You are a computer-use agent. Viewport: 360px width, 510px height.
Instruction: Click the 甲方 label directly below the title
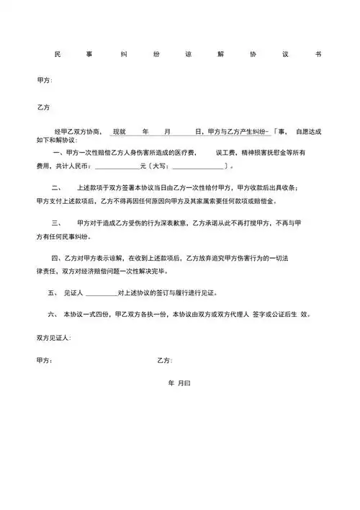point(44,80)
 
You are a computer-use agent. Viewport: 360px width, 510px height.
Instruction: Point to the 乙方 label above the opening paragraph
point(43,107)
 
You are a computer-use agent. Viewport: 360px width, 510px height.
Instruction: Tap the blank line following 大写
point(197,168)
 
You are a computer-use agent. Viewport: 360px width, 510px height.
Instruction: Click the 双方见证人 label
point(52,337)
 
